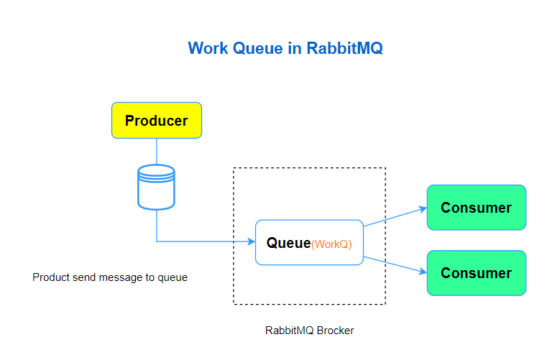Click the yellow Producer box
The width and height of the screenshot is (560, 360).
[156, 120]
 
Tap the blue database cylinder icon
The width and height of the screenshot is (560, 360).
[156, 187]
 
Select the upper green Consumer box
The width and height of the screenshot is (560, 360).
[476, 208]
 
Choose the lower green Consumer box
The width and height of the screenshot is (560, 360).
[476, 273]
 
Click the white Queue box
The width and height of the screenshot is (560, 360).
[309, 242]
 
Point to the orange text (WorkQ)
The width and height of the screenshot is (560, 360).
[331, 244]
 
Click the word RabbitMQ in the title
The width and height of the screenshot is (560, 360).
[344, 48]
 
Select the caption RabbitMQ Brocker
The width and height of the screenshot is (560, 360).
[309, 331]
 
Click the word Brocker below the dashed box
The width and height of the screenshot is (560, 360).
[333, 331]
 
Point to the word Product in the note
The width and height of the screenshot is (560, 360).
[51, 277]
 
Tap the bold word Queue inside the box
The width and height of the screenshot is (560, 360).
[288, 243]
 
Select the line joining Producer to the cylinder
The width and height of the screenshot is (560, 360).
[156, 151]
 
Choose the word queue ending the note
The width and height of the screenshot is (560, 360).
[173, 277]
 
